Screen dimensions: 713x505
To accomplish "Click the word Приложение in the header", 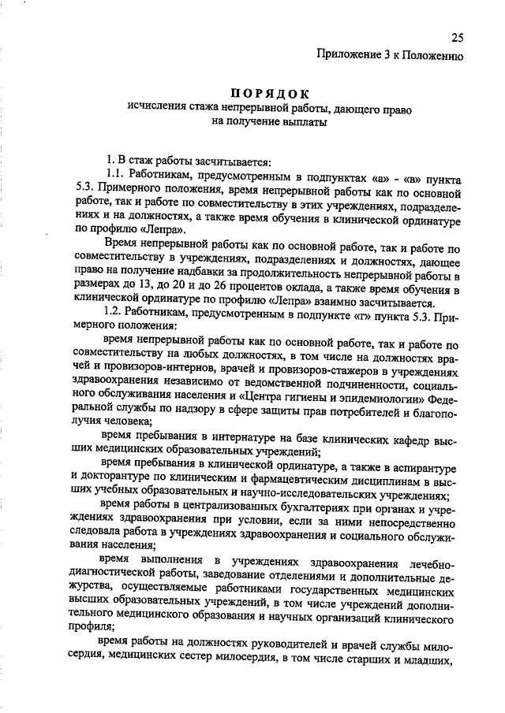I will pyautogui.click(x=349, y=55).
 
